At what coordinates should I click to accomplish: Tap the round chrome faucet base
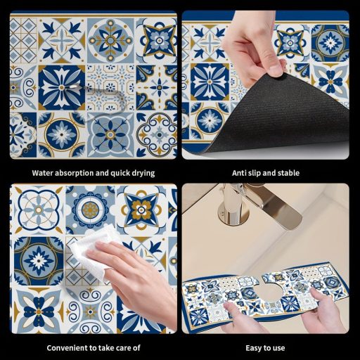pos(231,212)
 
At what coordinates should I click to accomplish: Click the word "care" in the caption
pos(124,348)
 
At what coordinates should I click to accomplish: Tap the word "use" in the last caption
pos(279,349)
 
